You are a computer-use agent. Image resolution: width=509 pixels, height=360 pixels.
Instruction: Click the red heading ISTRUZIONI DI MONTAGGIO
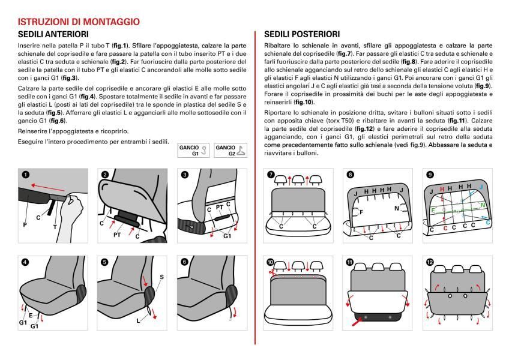pyautogui.click(x=79, y=22)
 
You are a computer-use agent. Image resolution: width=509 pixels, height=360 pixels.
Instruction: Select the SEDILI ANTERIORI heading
pyautogui.click(x=54, y=34)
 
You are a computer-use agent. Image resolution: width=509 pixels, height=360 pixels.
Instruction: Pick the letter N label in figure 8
pyautogui.click(x=397, y=208)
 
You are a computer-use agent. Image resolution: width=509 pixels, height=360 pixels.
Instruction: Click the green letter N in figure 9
pyautogui.click(x=483, y=205)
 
